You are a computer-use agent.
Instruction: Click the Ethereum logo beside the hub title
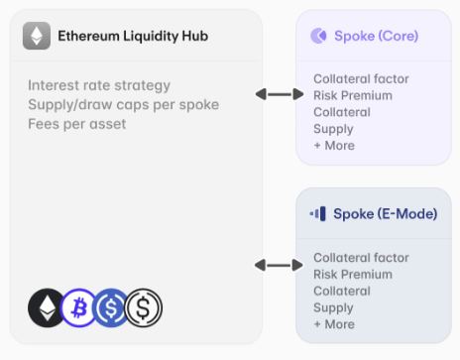(x=37, y=36)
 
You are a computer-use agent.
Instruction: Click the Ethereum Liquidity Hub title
(x=133, y=36)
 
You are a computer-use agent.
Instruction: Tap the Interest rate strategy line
(x=99, y=85)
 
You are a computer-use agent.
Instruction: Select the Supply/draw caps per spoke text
(x=124, y=105)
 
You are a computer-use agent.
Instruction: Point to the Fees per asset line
(x=77, y=124)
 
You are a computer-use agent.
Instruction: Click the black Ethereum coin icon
(x=47, y=307)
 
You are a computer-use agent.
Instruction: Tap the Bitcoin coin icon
(x=79, y=307)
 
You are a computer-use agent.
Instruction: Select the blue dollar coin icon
(x=111, y=307)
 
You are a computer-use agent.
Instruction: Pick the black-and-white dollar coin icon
(x=144, y=307)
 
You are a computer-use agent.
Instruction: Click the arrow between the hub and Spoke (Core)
(x=280, y=94)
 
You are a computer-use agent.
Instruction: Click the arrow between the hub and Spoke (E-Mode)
(x=279, y=265)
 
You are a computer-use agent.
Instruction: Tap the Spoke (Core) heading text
(x=377, y=36)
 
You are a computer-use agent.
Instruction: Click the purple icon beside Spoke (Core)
(x=318, y=36)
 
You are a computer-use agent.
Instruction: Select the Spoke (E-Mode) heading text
(x=386, y=214)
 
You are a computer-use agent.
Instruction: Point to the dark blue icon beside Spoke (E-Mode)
(x=318, y=214)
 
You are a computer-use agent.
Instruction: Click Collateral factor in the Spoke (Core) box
(x=361, y=79)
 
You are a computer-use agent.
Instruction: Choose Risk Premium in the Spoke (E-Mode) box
(x=353, y=275)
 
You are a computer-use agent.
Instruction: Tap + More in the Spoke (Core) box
(x=334, y=146)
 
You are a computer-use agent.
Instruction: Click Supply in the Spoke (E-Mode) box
(x=333, y=308)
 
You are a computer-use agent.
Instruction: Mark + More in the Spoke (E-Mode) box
(x=334, y=324)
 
